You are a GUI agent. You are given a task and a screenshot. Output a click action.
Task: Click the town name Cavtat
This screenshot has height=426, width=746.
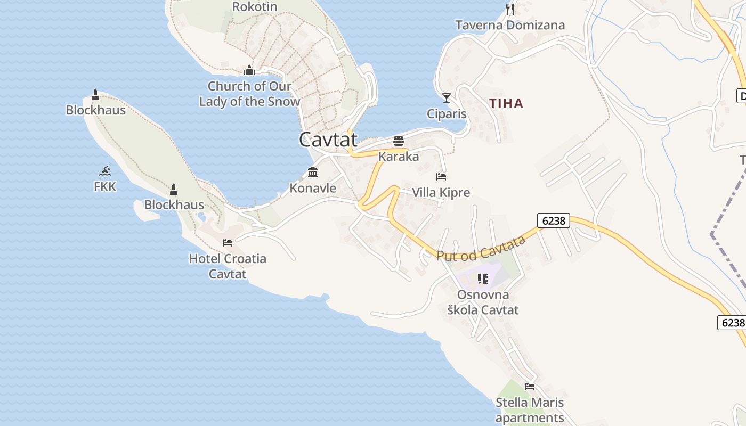click(x=328, y=140)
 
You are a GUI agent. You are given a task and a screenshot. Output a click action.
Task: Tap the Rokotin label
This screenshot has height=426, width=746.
click(x=255, y=7)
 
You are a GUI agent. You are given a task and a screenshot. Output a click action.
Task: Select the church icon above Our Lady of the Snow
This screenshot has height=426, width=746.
click(x=249, y=70)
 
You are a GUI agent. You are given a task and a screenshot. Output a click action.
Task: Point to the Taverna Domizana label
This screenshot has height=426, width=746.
click(x=510, y=25)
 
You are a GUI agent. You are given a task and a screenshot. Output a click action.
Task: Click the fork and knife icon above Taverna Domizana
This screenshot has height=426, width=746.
click(x=510, y=9)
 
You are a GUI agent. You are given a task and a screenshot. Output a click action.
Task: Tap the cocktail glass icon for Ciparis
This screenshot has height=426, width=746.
click(x=447, y=98)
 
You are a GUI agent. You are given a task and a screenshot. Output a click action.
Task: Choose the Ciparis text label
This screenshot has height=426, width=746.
click(x=447, y=114)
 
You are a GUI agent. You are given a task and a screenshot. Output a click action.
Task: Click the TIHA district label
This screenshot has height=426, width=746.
click(x=506, y=103)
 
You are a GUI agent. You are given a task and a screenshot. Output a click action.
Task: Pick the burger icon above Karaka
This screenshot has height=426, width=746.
click(x=399, y=141)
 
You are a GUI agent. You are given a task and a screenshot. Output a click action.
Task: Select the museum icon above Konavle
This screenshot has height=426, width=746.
click(x=313, y=173)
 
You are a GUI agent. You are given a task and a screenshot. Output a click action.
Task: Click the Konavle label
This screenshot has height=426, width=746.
click(x=313, y=188)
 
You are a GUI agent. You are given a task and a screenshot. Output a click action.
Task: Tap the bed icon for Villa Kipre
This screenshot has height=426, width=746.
click(x=441, y=177)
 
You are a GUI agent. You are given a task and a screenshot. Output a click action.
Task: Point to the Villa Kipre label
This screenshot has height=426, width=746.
click(x=441, y=192)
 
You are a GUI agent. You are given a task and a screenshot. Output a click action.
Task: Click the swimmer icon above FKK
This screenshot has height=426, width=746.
click(x=105, y=171)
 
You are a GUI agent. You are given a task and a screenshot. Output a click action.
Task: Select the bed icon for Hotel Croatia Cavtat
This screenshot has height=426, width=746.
click(x=228, y=243)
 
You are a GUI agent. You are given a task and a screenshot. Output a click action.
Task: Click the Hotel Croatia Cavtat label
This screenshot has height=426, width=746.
click(x=228, y=266)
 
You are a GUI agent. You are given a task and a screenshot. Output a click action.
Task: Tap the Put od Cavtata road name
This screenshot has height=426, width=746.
click(x=481, y=248)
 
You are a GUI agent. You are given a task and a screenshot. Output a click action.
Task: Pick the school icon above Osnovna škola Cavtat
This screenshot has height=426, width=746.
click(x=483, y=279)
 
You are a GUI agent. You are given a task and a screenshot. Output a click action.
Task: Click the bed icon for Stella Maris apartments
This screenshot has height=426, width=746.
click(x=530, y=387)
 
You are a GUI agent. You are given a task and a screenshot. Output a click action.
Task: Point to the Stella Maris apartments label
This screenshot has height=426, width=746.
click(x=530, y=410)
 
